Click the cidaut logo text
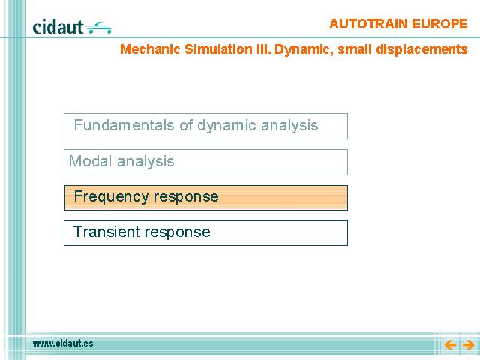point(58,27)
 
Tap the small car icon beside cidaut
point(98,28)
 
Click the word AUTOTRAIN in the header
point(368,24)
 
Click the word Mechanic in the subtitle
point(150,49)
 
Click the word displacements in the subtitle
point(421,49)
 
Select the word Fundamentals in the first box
point(124,125)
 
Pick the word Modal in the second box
point(90,161)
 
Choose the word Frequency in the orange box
point(111,196)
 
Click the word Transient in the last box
point(106,232)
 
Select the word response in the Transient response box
point(177,232)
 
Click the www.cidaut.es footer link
point(63,343)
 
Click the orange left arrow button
point(451,345)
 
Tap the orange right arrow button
point(468,345)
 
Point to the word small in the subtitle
point(354,49)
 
